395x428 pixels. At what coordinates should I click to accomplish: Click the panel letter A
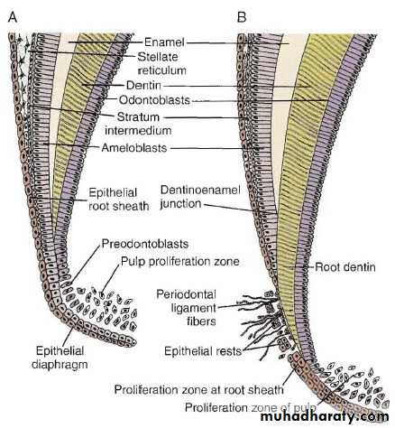[13, 17]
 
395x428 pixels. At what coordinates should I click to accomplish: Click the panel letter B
[242, 17]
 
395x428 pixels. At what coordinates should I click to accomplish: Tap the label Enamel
[164, 42]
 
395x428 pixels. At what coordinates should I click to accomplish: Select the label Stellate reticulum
[161, 63]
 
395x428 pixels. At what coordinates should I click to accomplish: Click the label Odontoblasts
[154, 100]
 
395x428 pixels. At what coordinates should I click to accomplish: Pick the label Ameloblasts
[134, 148]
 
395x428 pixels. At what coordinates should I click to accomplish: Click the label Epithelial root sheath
[119, 200]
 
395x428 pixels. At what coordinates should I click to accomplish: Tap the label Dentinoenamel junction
[200, 197]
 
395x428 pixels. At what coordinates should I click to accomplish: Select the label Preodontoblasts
[145, 244]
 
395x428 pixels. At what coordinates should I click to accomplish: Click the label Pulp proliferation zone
[180, 261]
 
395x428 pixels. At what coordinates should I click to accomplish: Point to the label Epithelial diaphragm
[60, 358]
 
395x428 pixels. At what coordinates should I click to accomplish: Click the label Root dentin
[345, 267]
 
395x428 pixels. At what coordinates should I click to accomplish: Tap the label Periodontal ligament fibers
[187, 308]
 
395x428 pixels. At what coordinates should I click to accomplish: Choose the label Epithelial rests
[203, 351]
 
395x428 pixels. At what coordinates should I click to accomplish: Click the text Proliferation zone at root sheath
[199, 390]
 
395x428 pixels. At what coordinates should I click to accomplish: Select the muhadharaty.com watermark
[325, 416]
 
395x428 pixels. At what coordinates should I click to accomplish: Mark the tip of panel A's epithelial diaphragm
[134, 342]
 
